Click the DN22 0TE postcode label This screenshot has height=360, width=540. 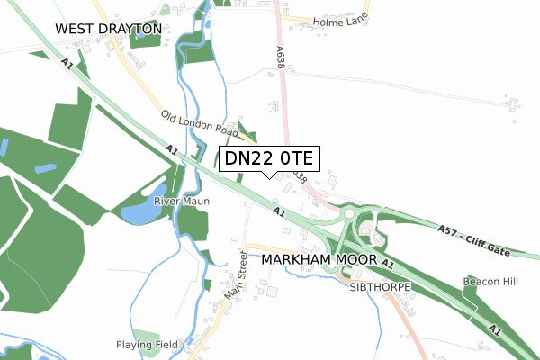coord(268,159)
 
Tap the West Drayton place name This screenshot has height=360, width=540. coord(108,29)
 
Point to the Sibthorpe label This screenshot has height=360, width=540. coord(381,287)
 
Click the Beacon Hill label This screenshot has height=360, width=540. coord(490,282)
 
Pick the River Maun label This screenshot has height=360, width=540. coord(181,201)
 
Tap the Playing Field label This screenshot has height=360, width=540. coord(148,345)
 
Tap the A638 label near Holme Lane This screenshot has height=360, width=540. coord(281,60)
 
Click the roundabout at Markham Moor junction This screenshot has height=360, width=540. coord(347,215)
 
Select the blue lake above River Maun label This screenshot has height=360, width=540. coord(137,213)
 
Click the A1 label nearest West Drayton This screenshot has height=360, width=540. coord(67,64)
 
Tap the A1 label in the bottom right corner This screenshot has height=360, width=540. coord(494,330)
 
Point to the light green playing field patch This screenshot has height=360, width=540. coord(147,336)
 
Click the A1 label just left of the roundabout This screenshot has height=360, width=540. coord(278,213)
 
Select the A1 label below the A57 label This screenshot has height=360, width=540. coord(387,263)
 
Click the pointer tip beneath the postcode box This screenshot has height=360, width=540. coord(269,176)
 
